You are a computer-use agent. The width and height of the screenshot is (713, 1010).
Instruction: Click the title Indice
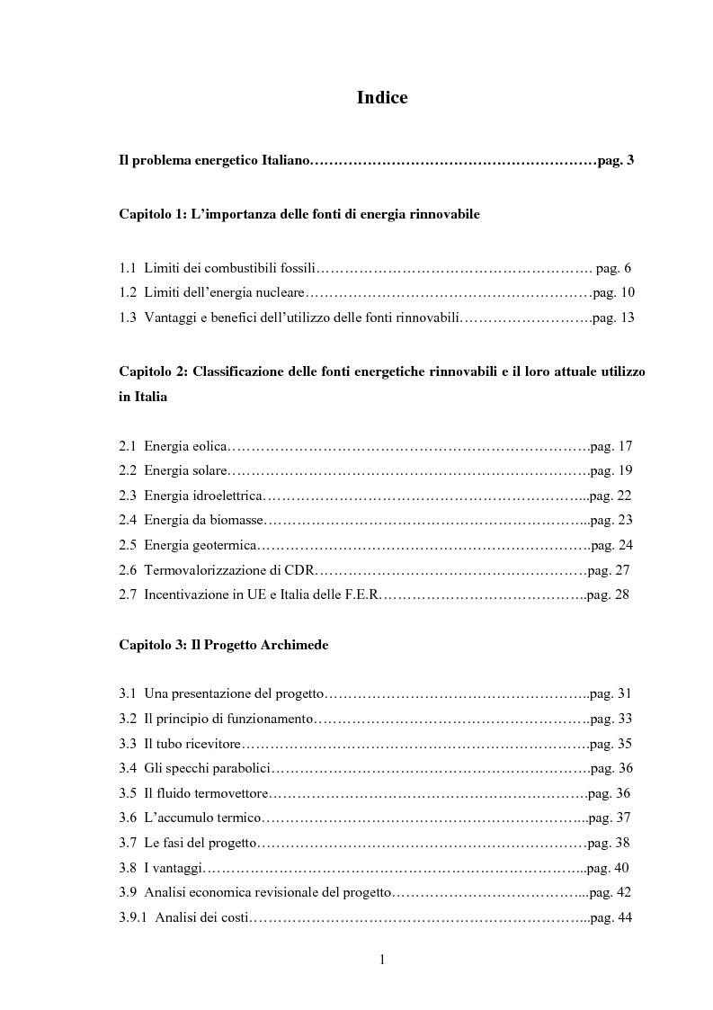coord(382,98)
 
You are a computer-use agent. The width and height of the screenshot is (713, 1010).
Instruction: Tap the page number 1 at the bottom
coord(382,960)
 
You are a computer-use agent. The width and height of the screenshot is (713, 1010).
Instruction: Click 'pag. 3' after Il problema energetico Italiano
coord(616,161)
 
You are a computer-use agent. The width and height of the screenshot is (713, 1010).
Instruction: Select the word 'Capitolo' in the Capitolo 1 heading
coord(145,215)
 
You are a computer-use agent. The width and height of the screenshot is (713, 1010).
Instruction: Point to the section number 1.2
coord(128,292)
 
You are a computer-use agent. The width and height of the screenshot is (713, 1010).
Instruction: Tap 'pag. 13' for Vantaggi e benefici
coord(613,317)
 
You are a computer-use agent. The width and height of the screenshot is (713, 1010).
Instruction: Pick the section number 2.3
coord(128,496)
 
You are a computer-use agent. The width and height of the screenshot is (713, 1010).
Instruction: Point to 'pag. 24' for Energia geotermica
coord(612,545)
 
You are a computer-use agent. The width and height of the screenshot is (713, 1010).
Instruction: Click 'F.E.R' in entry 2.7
coord(361,594)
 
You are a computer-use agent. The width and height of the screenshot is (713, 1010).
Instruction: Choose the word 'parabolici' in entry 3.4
coord(238,768)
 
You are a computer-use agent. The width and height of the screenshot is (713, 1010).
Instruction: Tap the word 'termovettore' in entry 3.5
coord(229,792)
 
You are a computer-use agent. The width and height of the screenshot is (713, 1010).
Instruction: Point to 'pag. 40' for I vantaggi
coord(607,868)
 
